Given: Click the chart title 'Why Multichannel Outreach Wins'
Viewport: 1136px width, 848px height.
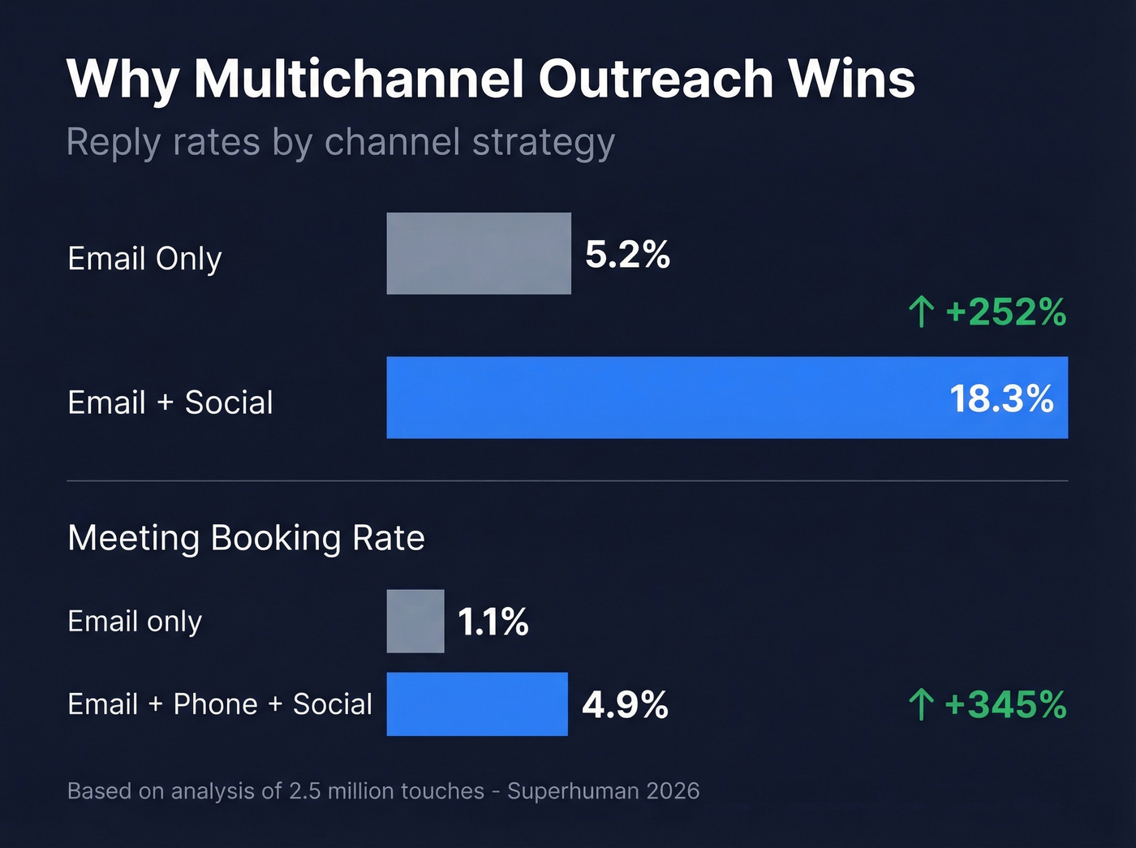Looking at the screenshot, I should tap(490, 80).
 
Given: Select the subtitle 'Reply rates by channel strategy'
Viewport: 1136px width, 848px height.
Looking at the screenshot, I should tap(340, 143).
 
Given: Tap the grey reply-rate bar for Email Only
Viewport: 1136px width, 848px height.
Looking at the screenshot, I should tap(479, 253).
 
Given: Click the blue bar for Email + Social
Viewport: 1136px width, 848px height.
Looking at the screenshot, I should tap(665, 398).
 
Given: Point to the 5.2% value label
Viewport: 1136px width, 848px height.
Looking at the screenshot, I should tap(627, 255).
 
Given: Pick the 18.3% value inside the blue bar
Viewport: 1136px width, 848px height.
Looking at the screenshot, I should tap(1000, 399).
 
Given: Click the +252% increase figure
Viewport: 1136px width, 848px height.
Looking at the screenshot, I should tap(1005, 312).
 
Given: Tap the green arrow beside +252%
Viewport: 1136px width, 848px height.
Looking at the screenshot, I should tap(921, 312).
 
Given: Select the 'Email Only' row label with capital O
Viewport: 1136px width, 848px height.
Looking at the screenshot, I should tap(144, 259).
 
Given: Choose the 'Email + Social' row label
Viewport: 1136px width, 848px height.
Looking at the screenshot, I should tap(170, 402).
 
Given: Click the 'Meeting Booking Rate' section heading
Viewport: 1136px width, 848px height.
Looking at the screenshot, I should tap(246, 538).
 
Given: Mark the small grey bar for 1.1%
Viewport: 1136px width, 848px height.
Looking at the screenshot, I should tap(415, 622).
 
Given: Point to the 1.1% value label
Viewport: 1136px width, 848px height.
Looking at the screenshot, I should tap(493, 622).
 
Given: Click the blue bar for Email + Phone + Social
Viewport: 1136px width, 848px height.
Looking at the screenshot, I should tap(477, 704).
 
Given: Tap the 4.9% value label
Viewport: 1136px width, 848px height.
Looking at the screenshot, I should tap(625, 704).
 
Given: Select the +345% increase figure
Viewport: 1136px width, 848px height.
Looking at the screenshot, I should tap(1005, 704).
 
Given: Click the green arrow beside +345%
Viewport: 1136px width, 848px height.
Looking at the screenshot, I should tap(921, 704).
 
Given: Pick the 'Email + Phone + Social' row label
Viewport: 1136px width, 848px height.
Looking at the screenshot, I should tap(220, 704).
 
